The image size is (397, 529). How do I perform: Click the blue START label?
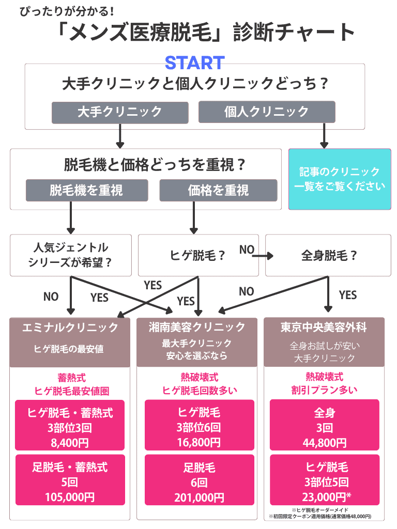point(194,63)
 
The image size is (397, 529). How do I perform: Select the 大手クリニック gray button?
point(119,112)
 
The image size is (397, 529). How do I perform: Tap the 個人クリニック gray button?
point(267,112)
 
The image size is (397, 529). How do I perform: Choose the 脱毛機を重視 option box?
point(87,190)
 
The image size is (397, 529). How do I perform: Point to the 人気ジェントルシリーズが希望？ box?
point(70,255)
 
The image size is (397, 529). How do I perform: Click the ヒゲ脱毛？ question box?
point(198,255)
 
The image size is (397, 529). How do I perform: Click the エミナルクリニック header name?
point(70,328)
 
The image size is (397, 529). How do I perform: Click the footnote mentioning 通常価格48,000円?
point(320,516)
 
